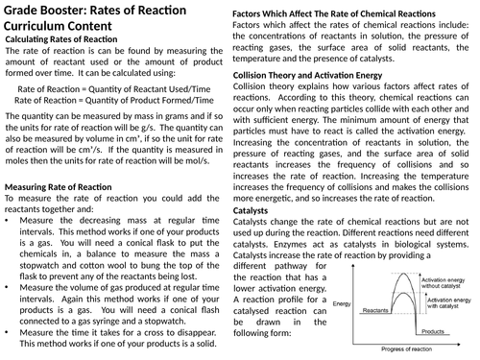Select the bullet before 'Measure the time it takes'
7,329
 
